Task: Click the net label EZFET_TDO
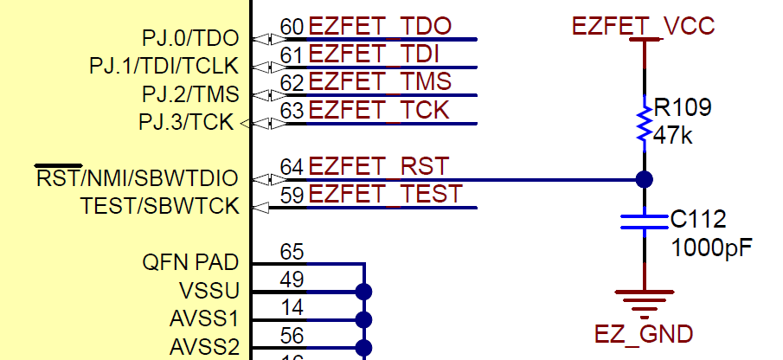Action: (x=380, y=27)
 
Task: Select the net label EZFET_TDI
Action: (x=373, y=55)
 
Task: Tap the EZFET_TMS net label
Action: (x=380, y=82)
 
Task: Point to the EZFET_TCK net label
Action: (x=379, y=110)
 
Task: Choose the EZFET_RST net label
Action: (x=379, y=165)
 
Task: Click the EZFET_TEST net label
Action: (x=385, y=194)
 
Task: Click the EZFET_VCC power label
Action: (x=644, y=26)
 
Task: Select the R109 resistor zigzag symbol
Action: (x=644, y=123)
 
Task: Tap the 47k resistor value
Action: (x=673, y=135)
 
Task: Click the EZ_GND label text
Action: (x=644, y=334)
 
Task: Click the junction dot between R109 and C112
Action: (x=644, y=180)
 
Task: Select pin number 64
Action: (x=292, y=165)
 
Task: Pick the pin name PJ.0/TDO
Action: (x=189, y=38)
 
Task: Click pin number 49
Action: (x=292, y=279)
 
